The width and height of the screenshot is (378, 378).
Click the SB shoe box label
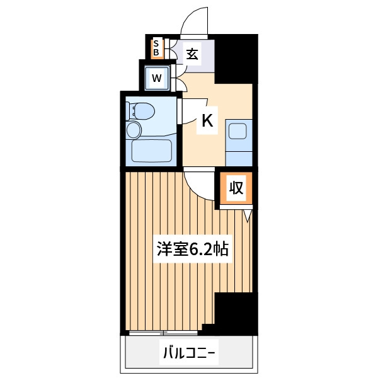pos(156,48)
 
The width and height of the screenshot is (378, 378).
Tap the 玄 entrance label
pos(192,54)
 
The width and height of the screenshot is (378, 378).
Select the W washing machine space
pos(157,78)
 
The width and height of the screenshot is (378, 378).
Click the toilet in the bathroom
pos(142,112)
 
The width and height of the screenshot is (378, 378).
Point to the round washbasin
pos(134,130)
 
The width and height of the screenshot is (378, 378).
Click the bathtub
pos(152,151)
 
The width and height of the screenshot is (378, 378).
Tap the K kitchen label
pos(207,120)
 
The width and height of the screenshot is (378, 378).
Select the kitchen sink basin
pos(238,131)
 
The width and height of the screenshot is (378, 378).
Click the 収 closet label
pos(236,188)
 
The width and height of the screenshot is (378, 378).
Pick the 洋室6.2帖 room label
pos(192,249)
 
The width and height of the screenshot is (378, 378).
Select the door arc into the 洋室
pos(194,190)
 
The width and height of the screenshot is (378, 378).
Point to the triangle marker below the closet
pos(248,215)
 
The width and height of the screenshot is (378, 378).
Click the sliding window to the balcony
pos(163,333)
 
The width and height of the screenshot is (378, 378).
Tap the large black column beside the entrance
pos(236,59)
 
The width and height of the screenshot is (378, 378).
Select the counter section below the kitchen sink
pos(239,159)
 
